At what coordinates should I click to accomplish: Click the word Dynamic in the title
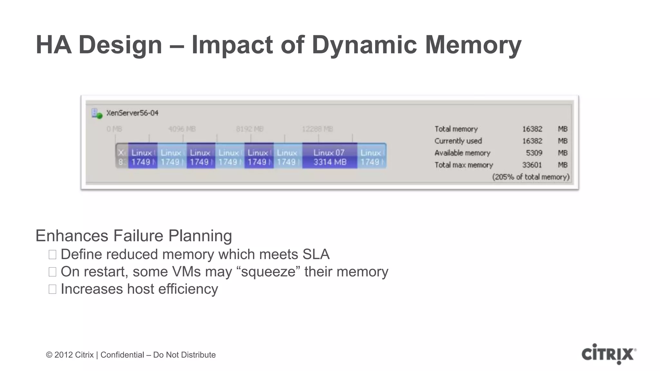click(364, 44)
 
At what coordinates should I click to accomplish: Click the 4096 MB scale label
click(182, 129)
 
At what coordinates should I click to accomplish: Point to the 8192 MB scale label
click(249, 129)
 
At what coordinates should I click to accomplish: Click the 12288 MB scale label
click(317, 129)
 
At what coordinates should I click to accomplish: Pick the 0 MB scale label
click(114, 129)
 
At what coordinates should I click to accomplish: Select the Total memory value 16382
click(532, 129)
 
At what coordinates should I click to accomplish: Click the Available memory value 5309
click(534, 153)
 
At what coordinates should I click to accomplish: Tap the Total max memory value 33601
click(532, 165)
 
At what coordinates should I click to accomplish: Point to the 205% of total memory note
click(530, 177)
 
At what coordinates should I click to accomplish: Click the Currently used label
click(458, 141)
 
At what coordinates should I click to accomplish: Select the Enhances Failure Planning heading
click(133, 236)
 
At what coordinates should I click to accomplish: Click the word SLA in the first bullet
click(316, 254)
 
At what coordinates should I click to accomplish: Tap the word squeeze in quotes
click(267, 272)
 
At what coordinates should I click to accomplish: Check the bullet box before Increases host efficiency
click(53, 289)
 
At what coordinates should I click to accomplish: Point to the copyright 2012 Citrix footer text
click(131, 355)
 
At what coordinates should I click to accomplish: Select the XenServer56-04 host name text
click(132, 113)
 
